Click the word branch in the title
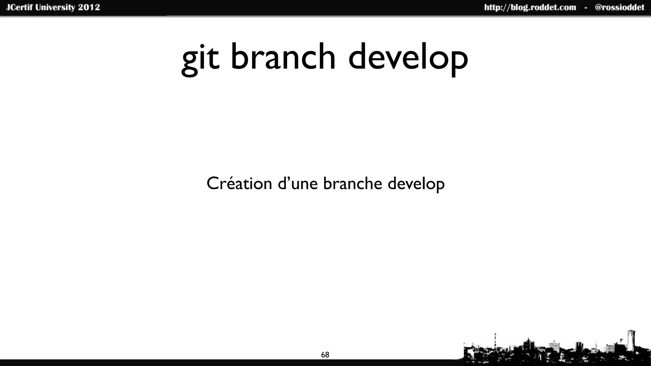(x=283, y=57)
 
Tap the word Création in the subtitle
(x=239, y=183)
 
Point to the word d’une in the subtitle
(x=298, y=183)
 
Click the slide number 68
(x=325, y=355)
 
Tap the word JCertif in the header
(x=19, y=7)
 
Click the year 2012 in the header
(x=89, y=7)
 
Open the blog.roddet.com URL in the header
(x=530, y=7)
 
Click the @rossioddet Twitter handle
(x=619, y=7)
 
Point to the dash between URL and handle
(x=586, y=8)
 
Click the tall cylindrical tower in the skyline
(x=631, y=342)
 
